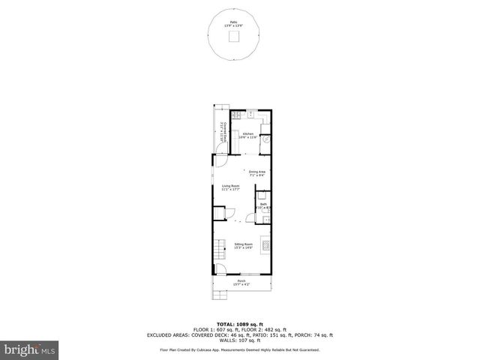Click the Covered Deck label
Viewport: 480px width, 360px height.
click(221, 133)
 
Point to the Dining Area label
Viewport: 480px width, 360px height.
click(257, 173)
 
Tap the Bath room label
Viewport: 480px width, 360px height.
click(263, 206)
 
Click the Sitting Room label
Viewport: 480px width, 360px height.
click(243, 246)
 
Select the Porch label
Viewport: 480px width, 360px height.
click(241, 283)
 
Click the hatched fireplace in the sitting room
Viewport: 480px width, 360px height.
click(263, 245)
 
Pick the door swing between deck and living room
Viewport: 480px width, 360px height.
click(220, 159)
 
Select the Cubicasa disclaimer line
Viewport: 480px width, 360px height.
click(240, 349)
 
